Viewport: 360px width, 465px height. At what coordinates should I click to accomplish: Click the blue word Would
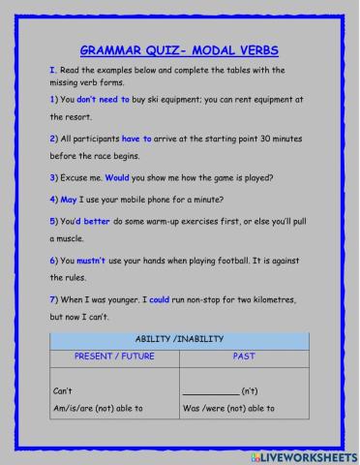click(x=117, y=176)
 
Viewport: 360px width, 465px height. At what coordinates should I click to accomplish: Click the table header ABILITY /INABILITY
click(x=180, y=338)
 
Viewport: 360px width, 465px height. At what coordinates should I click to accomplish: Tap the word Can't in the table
click(x=64, y=391)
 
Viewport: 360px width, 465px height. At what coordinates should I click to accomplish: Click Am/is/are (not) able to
click(x=99, y=409)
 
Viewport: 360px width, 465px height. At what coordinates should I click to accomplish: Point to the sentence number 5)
click(x=54, y=220)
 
